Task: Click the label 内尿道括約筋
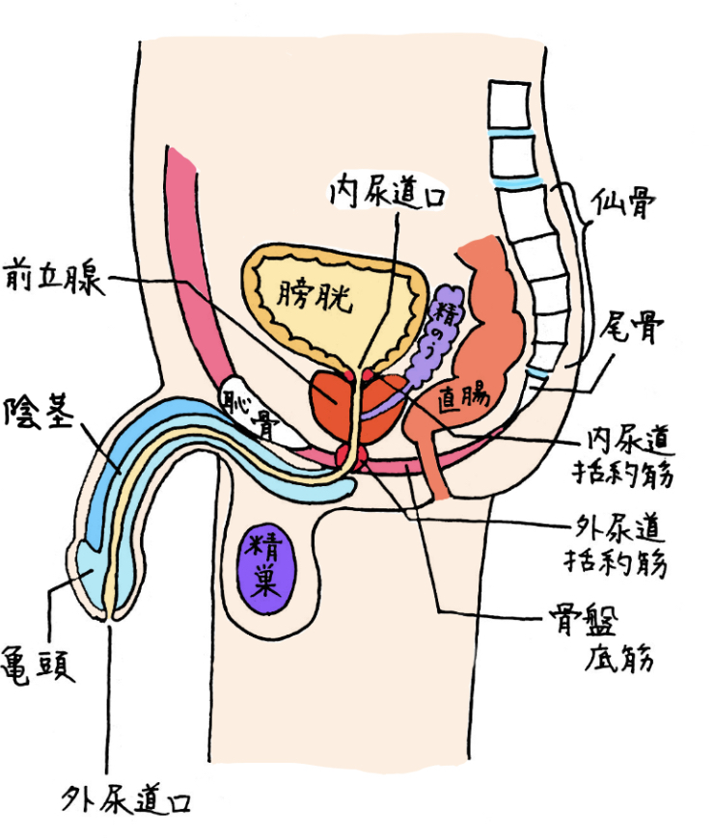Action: (x=628, y=458)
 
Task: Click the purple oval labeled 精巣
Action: (x=263, y=571)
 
